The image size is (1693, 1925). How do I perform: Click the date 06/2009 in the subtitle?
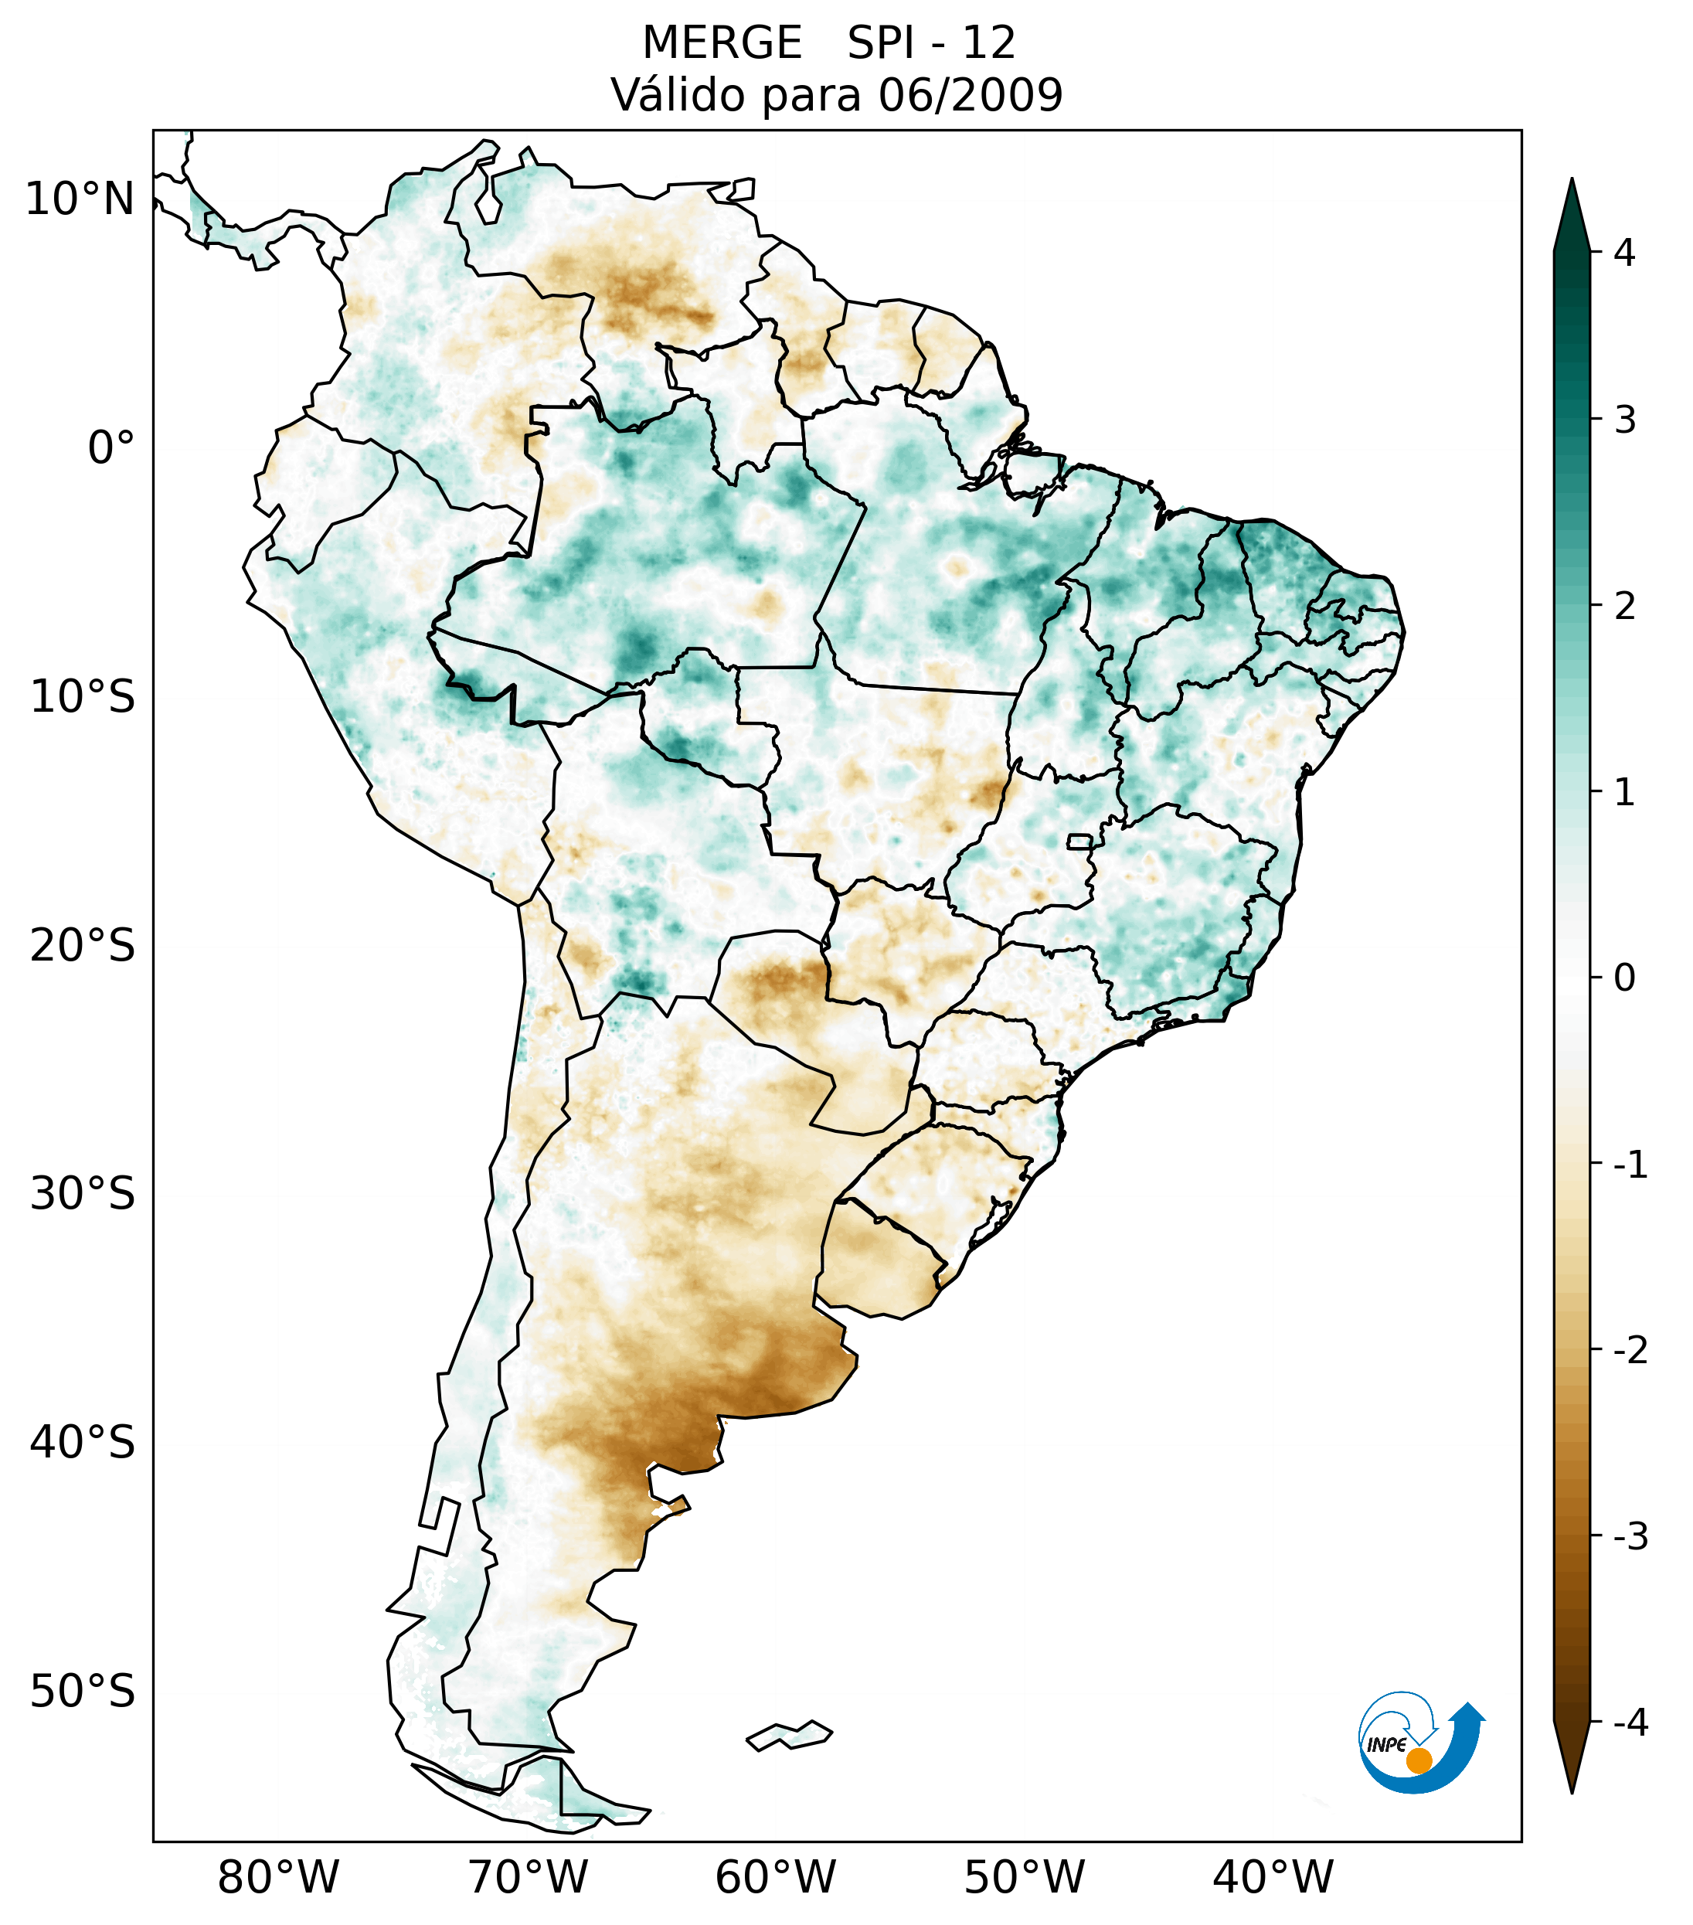point(970,95)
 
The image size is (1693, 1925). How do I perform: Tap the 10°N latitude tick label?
point(80,199)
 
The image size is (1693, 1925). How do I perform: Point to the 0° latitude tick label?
point(111,447)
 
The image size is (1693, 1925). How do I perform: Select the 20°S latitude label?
point(83,946)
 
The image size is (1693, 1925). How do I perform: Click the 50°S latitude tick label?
point(83,1692)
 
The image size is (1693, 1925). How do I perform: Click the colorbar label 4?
point(1624,253)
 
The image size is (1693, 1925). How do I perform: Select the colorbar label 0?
point(1624,978)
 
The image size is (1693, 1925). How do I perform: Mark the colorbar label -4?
point(1630,1723)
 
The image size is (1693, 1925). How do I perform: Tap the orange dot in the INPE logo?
point(1418,1760)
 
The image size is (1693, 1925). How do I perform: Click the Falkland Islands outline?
point(789,1735)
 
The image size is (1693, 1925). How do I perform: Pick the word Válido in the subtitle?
point(678,95)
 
